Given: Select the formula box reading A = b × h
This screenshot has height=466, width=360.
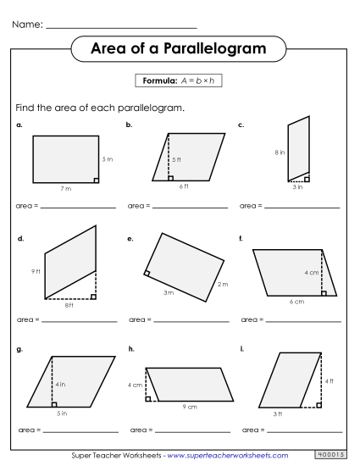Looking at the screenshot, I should tap(179, 80).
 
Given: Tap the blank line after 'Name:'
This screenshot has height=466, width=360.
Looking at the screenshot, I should tap(123, 27).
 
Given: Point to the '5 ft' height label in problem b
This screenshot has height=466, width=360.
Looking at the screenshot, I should tap(176, 159).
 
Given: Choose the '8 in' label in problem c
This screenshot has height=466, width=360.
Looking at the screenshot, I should tap(279, 153).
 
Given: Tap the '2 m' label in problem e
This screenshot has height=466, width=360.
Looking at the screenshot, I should tap(223, 284).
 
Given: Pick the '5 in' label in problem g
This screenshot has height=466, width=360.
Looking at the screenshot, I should tap(61, 413).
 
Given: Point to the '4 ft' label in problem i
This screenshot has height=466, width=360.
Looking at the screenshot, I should tap(330, 381).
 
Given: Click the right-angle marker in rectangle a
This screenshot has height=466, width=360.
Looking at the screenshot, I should tap(97, 180).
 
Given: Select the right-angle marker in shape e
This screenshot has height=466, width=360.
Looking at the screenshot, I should tap(147, 273).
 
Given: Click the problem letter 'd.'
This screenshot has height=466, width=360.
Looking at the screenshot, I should tap(20, 239).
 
